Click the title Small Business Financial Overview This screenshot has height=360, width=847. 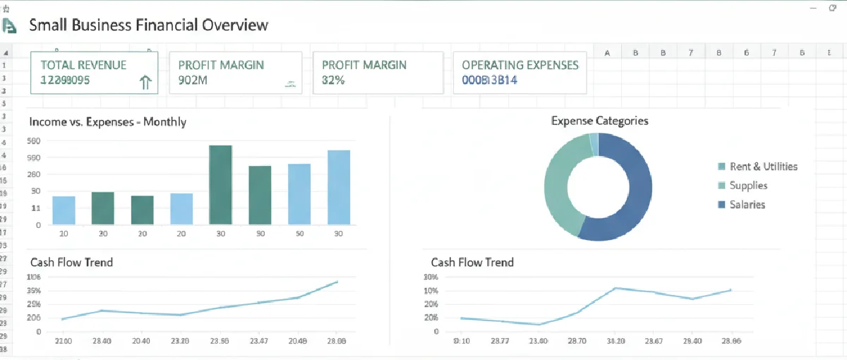coord(148,25)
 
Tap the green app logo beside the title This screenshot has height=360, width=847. coord(9,25)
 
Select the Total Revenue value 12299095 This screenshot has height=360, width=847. coord(65,80)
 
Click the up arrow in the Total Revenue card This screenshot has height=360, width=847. coord(145,83)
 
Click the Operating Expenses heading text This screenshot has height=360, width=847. coord(519,65)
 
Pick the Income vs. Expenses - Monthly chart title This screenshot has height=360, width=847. coord(107,121)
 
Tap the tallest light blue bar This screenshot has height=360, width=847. coord(338,187)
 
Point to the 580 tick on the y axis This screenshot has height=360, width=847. coord(34,141)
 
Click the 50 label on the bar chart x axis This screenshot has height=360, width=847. coord(299,234)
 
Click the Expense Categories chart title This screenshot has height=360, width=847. coord(599,121)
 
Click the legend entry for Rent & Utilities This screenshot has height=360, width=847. coord(763,167)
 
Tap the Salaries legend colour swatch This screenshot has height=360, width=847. coord(721,205)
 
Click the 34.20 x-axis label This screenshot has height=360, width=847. coord(616,340)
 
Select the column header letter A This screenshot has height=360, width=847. coord(607,52)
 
